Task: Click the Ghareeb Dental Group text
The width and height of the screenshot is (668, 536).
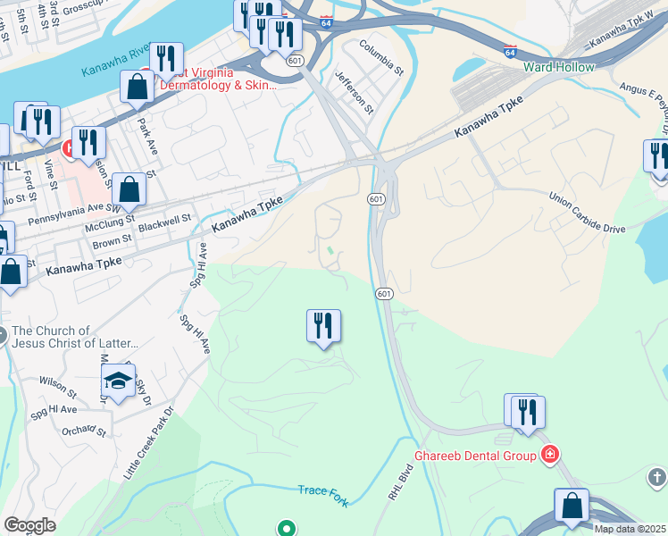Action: pyautogui.click(x=474, y=456)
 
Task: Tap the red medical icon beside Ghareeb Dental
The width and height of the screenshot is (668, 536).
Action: pyautogui.click(x=550, y=456)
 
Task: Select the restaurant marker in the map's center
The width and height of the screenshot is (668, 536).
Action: pyautogui.click(x=323, y=325)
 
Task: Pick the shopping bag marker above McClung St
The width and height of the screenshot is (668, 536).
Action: pyautogui.click(x=129, y=189)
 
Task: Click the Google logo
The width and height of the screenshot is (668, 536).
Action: pyautogui.click(x=29, y=525)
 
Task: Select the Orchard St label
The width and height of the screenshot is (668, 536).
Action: pyautogui.click(x=85, y=433)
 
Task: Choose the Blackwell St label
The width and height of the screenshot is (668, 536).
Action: pyautogui.click(x=166, y=219)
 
